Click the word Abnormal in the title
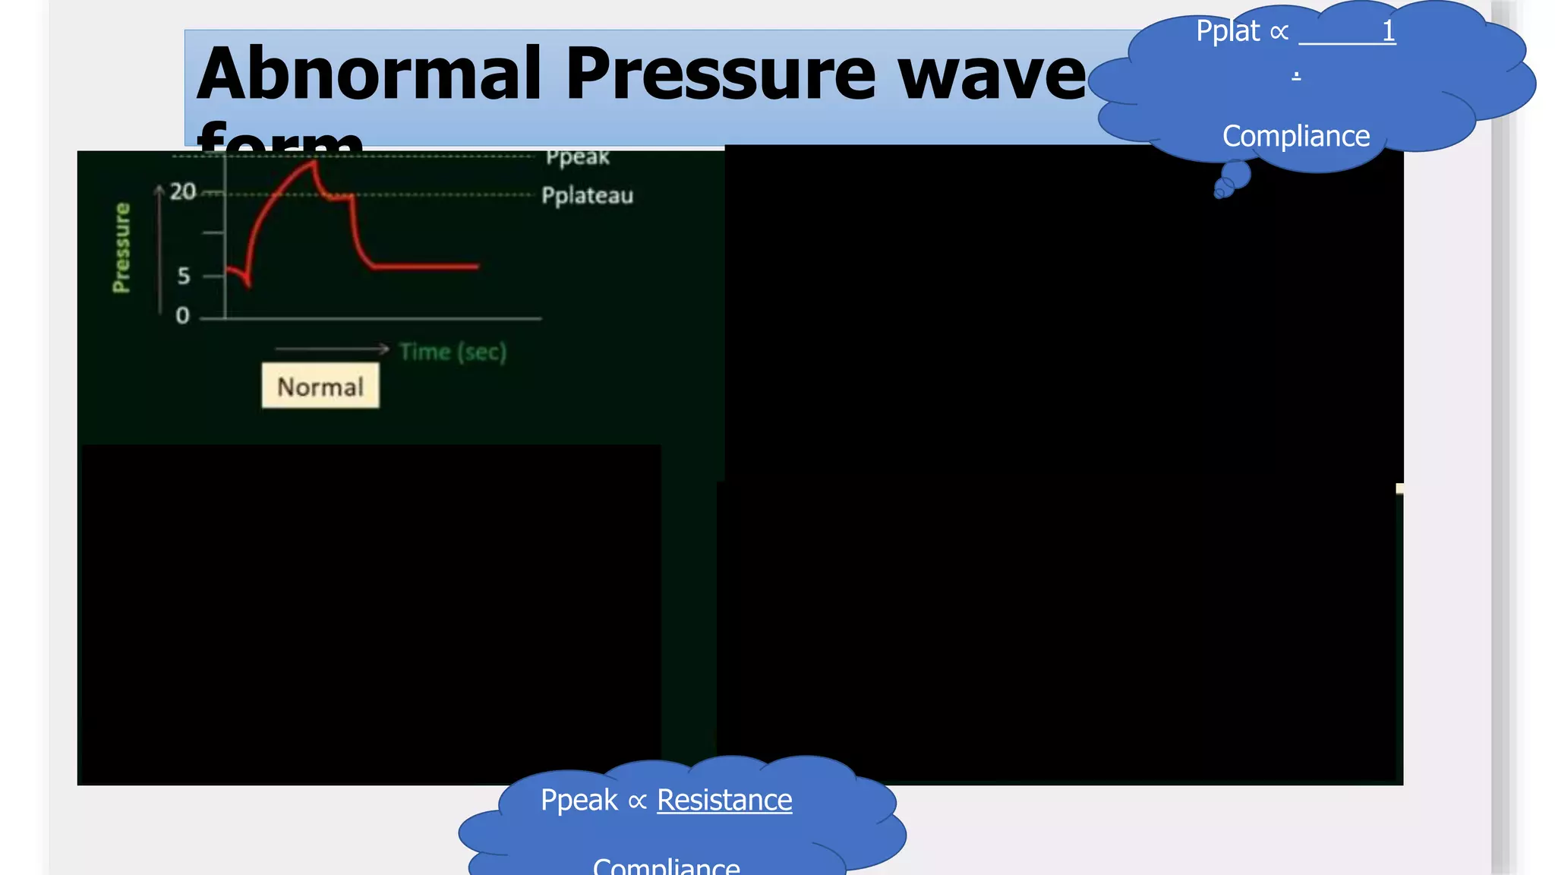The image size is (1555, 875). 369,74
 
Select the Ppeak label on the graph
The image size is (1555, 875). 577,157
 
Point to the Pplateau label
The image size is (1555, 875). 587,196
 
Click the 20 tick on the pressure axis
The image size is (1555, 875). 182,191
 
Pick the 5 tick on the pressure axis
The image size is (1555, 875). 184,276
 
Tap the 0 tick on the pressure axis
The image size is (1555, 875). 182,315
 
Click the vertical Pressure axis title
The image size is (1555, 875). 121,248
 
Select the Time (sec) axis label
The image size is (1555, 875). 453,352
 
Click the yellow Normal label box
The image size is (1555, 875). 320,387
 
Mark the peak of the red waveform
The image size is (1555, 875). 314,162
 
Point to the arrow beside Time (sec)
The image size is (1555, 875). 332,349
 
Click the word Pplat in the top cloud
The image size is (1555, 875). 1228,31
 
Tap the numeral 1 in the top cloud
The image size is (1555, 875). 1388,31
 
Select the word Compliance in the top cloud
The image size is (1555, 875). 1296,136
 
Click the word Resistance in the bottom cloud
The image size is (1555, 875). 724,800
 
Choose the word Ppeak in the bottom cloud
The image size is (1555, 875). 579,800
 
